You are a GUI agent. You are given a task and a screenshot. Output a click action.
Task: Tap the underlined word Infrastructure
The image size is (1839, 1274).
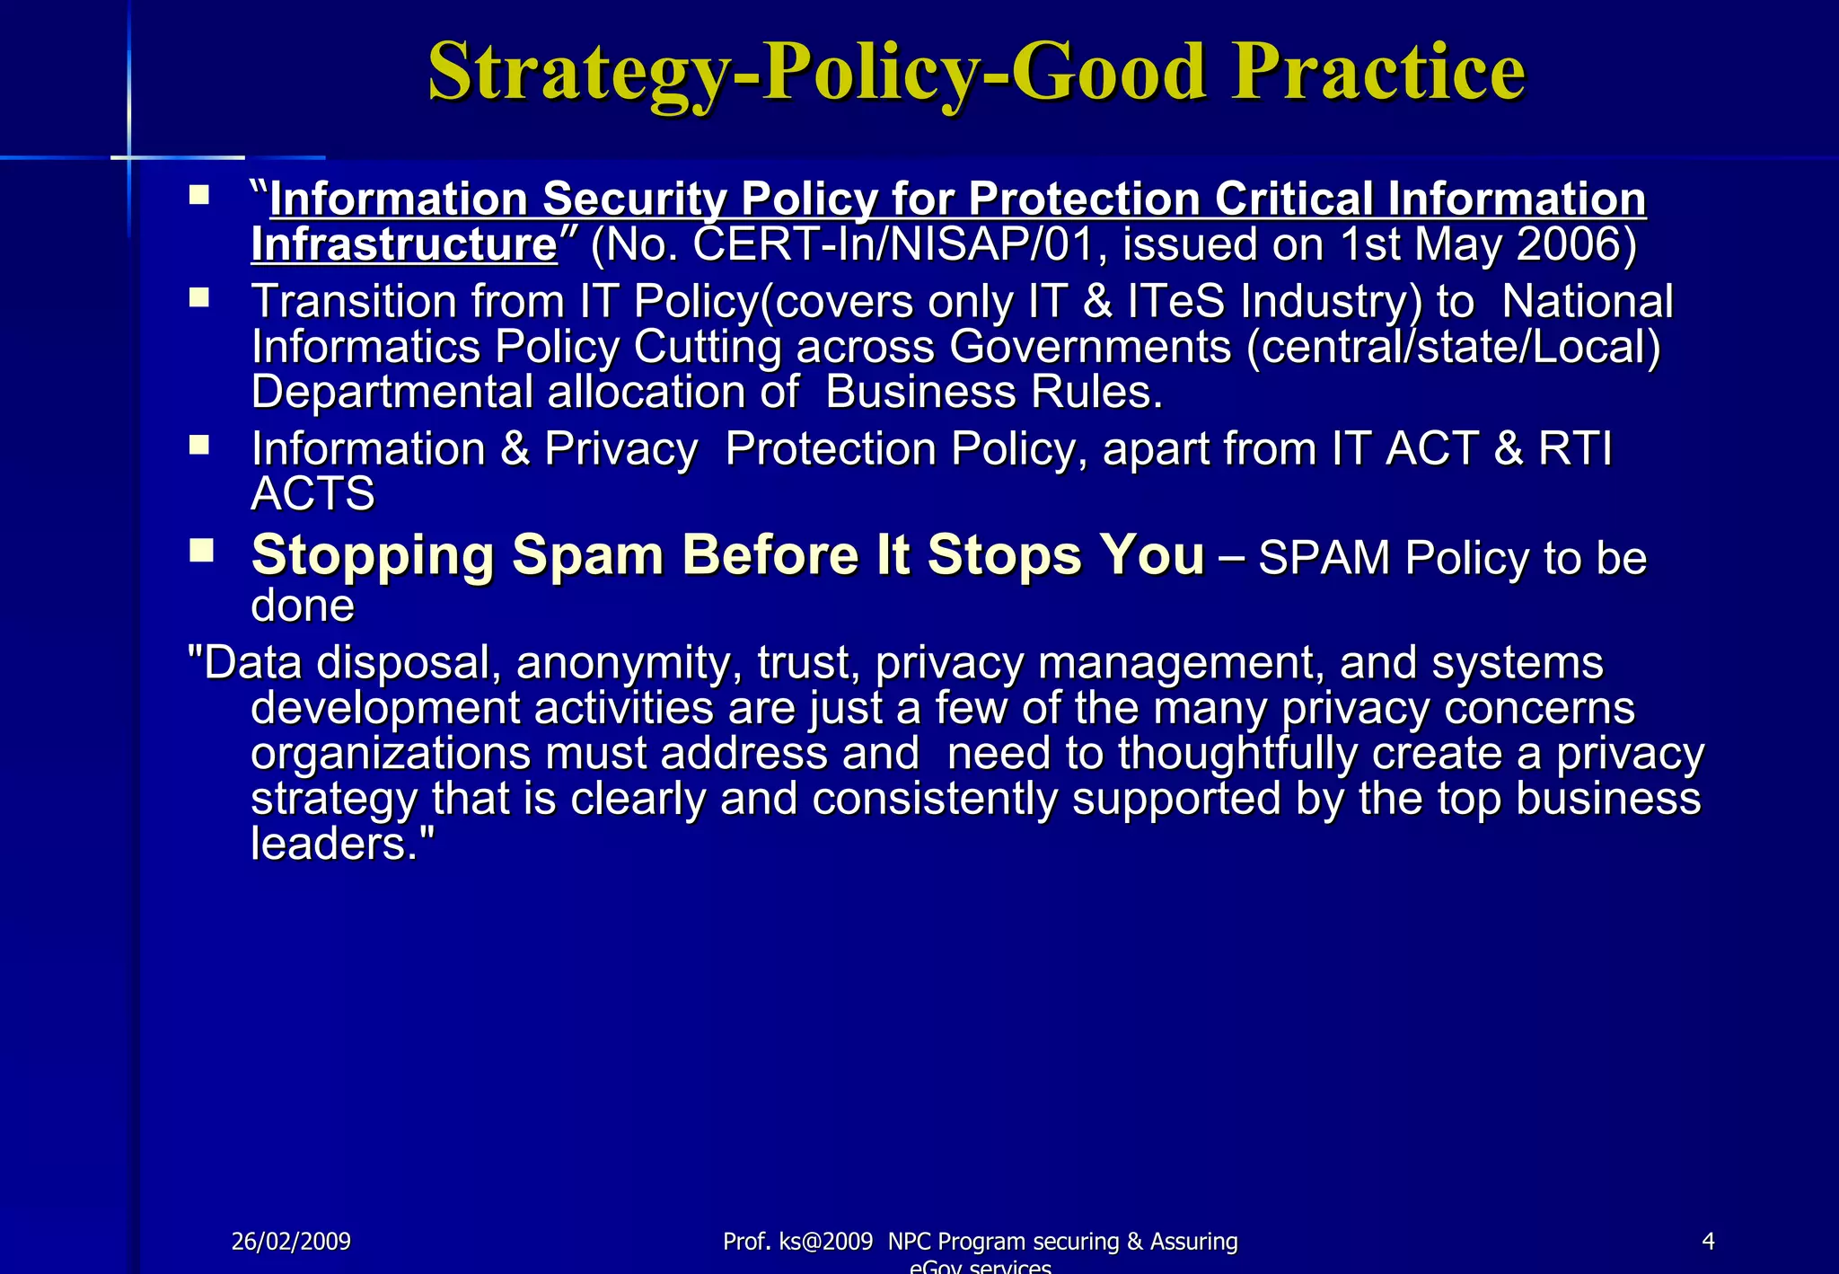pos(404,244)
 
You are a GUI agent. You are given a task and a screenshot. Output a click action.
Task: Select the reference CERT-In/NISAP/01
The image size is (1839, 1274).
pos(893,244)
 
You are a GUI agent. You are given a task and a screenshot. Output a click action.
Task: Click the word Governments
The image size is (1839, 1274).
pos(1090,347)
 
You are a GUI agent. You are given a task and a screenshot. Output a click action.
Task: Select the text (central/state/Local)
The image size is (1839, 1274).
pos(1453,347)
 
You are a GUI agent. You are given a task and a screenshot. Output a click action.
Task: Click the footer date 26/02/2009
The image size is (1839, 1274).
pos(291,1242)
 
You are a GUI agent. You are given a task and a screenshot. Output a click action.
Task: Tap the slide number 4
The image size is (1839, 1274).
pos(1708,1242)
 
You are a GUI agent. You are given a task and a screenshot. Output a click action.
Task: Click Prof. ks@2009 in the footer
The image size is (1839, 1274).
pos(797,1242)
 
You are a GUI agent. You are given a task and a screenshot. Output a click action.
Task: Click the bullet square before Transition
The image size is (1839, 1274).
pos(199,297)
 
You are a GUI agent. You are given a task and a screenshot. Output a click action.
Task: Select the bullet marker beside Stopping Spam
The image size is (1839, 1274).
pos(201,550)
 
